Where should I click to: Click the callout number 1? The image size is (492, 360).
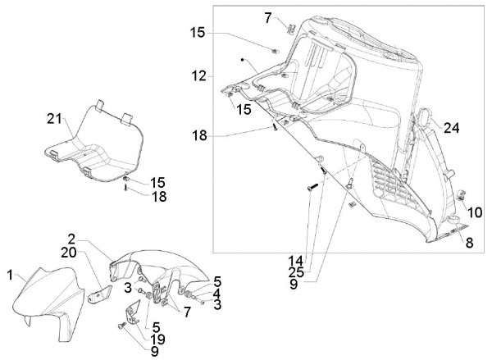point(10,276)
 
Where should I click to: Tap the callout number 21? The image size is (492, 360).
point(55,119)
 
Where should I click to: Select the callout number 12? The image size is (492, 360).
point(199,76)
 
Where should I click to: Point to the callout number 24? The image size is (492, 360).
point(451,128)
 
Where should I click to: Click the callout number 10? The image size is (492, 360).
point(475,212)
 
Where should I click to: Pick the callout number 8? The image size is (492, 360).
point(469,243)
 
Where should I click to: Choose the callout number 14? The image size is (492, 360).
point(296,261)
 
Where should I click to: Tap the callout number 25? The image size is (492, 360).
point(296,272)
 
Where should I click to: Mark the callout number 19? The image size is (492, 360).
point(157,339)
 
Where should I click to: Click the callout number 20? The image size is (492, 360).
point(69,253)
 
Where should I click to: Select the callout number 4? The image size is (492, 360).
point(216,294)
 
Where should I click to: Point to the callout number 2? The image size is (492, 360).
point(72,239)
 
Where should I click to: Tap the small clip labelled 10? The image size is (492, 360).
point(460,195)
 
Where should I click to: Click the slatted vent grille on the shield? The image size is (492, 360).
point(396,183)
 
